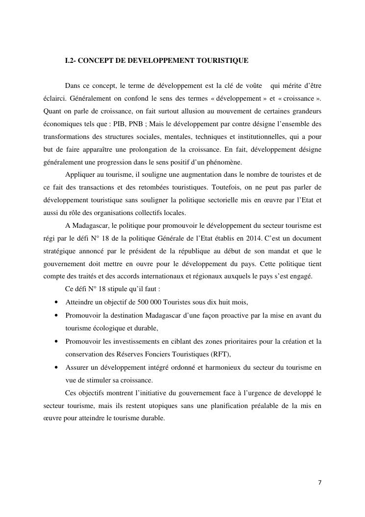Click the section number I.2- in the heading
(71, 61)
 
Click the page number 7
(320, 482)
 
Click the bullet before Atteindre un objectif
(57, 302)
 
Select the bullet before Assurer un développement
(57, 367)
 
